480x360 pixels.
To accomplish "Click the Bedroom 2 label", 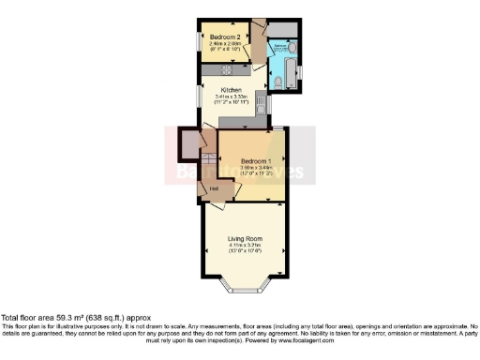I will [x=221, y=37].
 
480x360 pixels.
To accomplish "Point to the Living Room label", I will [x=242, y=239].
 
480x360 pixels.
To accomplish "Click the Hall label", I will [x=215, y=189].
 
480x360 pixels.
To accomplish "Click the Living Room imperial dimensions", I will [x=242, y=252].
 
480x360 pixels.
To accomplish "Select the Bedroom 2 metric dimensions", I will [x=221, y=43].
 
